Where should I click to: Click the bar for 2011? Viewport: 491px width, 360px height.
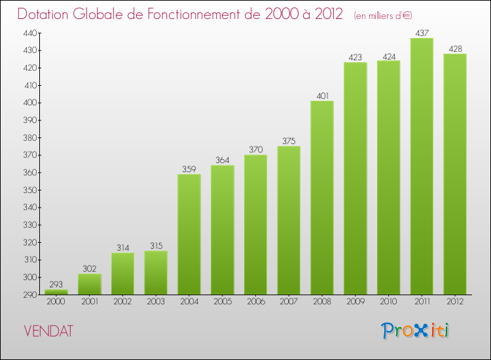coord(422,166)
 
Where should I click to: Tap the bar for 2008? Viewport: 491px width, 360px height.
coord(322,198)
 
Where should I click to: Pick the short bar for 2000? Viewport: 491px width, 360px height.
coord(56,292)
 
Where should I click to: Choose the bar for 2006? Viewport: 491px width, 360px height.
coord(255,225)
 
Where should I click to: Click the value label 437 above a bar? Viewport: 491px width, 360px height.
coord(422,32)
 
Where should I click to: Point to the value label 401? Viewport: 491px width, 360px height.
coord(322,95)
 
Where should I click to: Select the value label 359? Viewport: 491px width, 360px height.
coord(189,168)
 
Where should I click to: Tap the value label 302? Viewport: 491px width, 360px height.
coord(90,268)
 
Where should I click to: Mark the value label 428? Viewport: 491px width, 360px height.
coord(455,48)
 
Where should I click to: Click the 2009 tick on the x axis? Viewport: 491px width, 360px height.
coord(355,301)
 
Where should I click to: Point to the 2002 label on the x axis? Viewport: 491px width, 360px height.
coord(122,301)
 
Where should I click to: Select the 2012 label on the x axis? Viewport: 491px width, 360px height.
coord(455,301)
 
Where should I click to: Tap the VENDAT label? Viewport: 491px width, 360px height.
coord(48,331)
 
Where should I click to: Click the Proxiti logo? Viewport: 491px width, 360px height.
coord(416,331)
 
